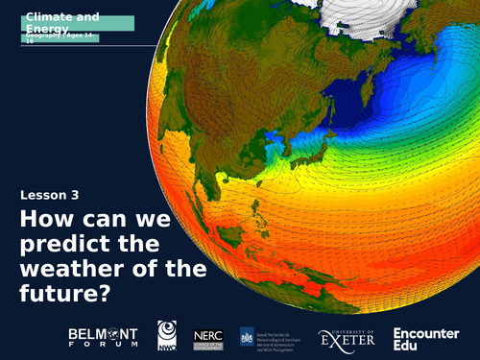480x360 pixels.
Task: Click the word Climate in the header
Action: click(x=49, y=17)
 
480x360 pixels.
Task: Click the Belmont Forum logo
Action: click(x=103, y=336)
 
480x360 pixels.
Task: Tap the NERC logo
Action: click(x=208, y=336)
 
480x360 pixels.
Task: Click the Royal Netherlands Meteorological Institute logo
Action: click(x=278, y=337)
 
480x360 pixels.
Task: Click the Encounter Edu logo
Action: click(x=427, y=337)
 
